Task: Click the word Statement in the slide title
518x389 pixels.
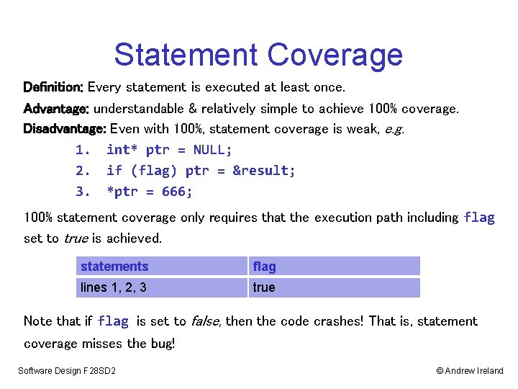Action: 186,55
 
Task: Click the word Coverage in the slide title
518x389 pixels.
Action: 335,55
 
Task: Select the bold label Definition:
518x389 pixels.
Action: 54,87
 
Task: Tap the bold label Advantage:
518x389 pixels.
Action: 56,109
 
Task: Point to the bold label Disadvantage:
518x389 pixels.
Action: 65,130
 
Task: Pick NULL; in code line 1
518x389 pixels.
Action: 213,150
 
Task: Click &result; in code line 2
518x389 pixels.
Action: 264,171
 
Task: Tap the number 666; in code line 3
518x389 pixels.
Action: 177,192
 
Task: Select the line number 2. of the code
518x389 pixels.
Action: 83,171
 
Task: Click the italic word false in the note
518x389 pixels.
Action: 206,321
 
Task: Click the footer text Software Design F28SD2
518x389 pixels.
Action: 68,371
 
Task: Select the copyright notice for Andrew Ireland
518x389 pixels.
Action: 470,371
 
